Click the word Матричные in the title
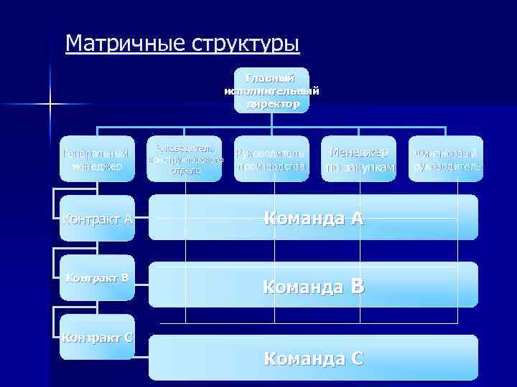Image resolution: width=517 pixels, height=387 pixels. [x=126, y=44]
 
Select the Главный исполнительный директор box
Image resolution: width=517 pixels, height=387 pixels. [x=272, y=90]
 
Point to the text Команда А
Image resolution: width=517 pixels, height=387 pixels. [x=314, y=219]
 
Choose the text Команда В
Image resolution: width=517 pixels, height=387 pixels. [x=314, y=287]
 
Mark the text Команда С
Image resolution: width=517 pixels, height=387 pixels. [x=314, y=357]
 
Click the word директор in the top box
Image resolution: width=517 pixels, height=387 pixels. [x=272, y=104]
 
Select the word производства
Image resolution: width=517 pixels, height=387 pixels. [x=272, y=166]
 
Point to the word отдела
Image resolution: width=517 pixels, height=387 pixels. [x=185, y=171]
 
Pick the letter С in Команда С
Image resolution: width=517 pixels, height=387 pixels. [x=355, y=357]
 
